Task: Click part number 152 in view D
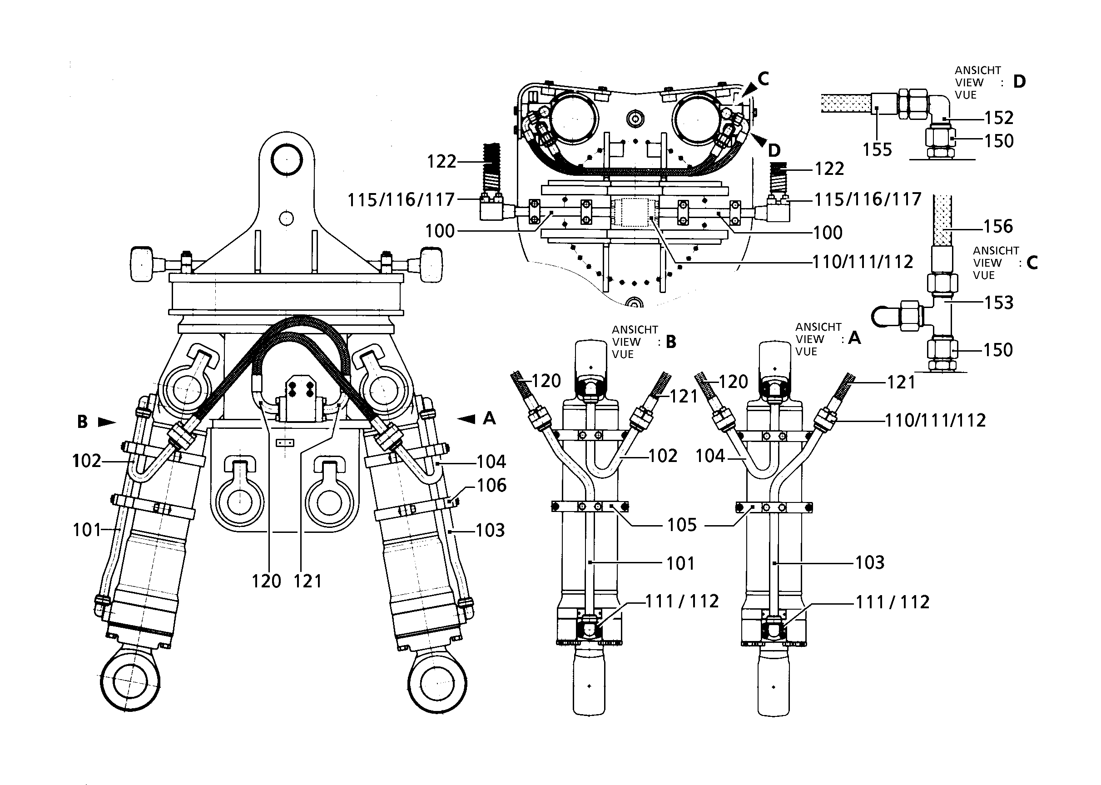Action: pos(999,118)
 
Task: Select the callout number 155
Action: pos(877,150)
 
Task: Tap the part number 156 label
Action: pos(998,226)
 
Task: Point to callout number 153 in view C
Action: pos(999,303)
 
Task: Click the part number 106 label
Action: pos(492,485)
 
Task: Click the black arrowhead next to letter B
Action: pos(107,422)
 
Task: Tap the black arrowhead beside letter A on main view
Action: pos(466,418)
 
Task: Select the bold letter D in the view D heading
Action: pos(1019,82)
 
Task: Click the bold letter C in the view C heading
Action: pos(1032,263)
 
